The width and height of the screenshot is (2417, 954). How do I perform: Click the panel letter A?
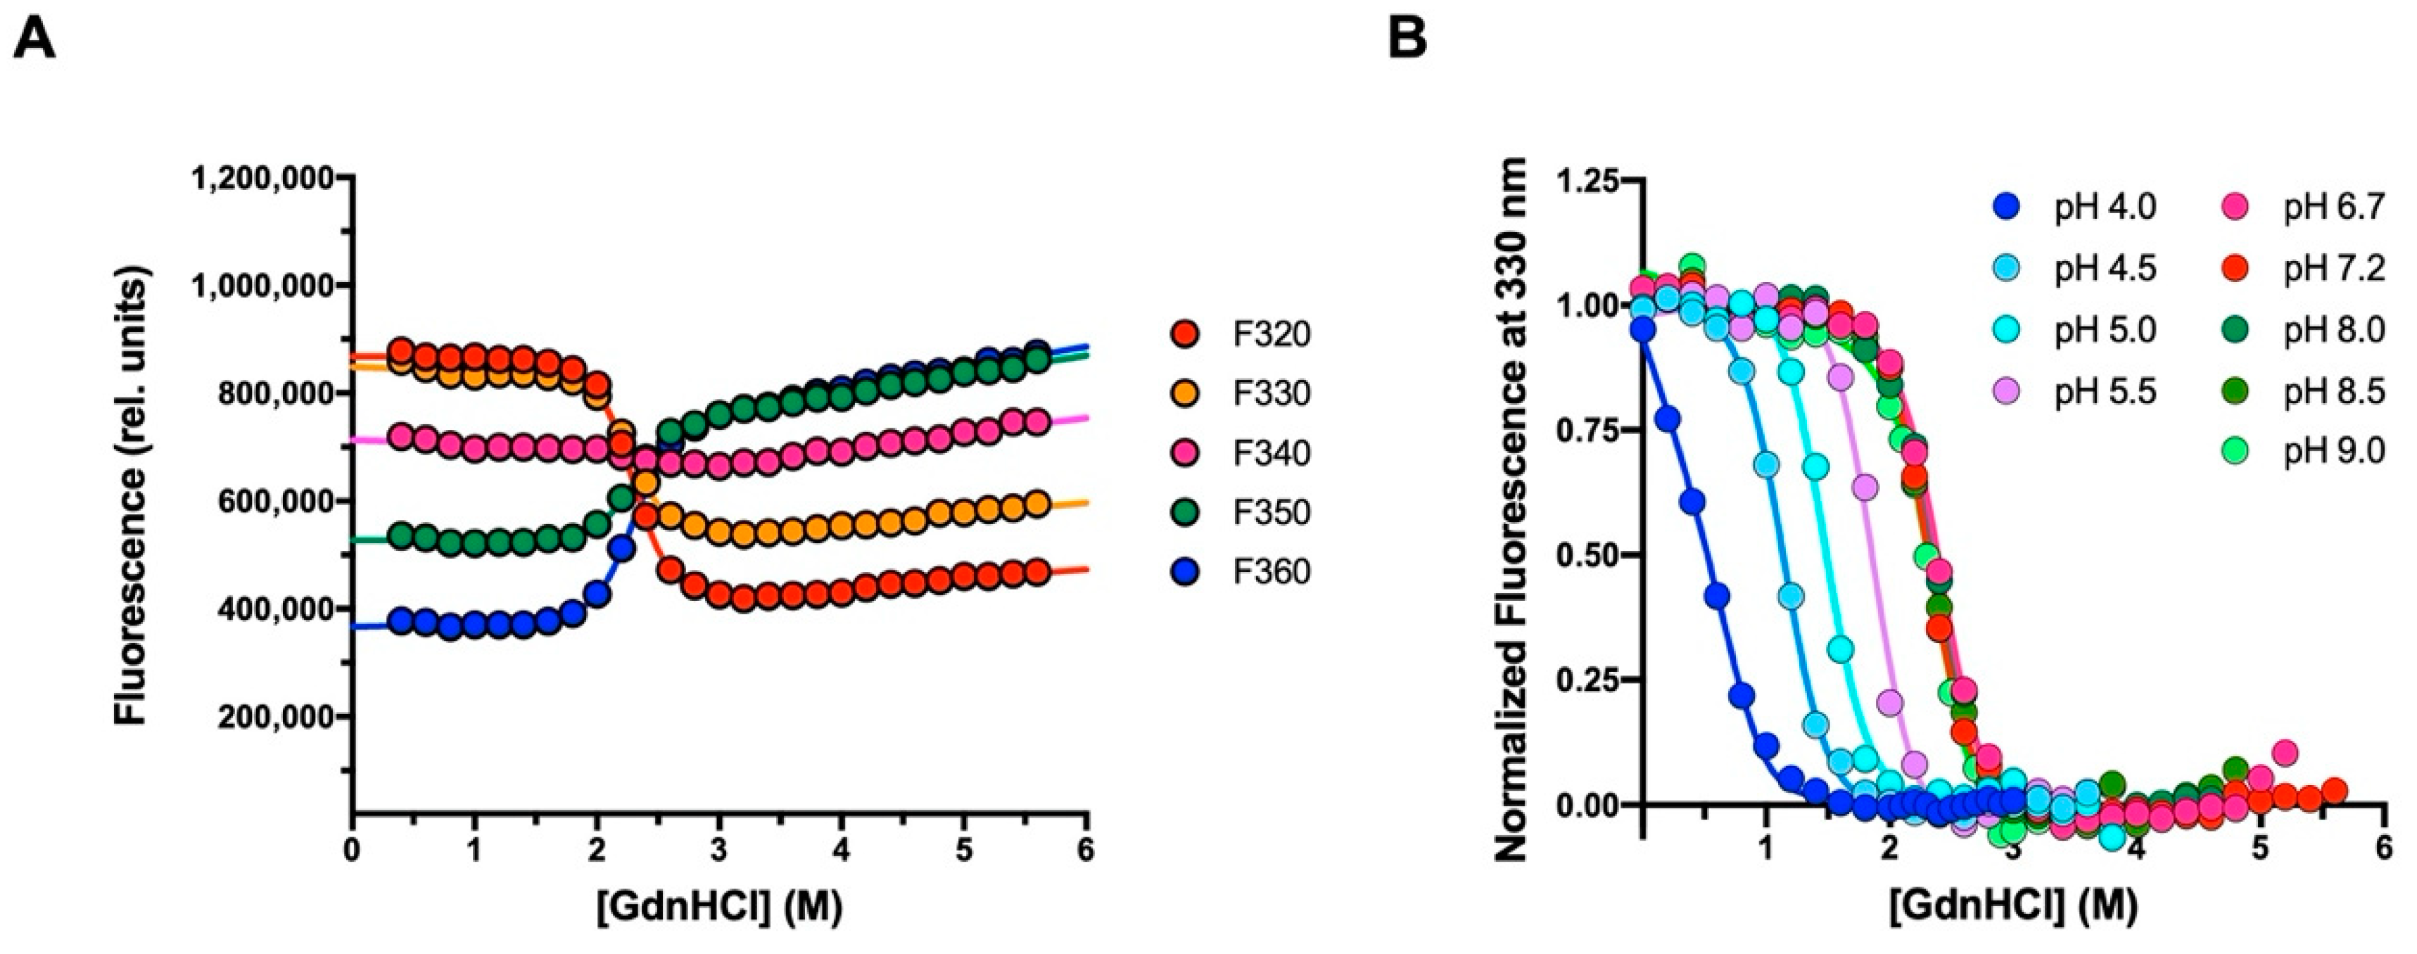pos(34,39)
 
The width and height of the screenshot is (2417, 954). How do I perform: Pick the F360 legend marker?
pos(1188,572)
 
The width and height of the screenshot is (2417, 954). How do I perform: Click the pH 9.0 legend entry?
pos(2333,452)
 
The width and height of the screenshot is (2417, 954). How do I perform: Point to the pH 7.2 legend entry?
pos(2333,269)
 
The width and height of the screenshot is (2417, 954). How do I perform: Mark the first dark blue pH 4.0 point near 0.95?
pos(1642,329)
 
